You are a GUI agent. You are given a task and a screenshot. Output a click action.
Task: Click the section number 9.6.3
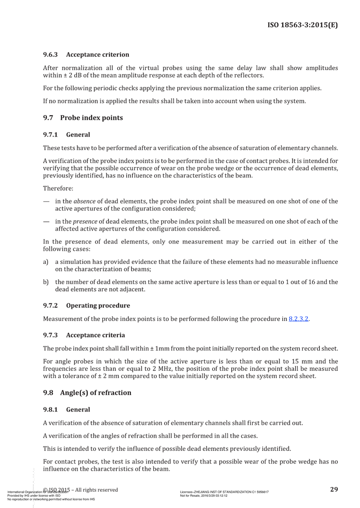[50, 54]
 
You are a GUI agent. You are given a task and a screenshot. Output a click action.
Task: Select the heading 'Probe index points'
[91, 118]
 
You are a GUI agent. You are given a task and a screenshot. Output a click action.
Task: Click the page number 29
[334, 489]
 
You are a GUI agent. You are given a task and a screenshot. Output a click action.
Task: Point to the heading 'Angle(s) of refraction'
[96, 392]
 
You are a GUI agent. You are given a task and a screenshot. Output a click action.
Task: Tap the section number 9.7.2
[50, 306]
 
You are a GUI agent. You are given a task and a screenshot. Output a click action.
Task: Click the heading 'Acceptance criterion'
[98, 54]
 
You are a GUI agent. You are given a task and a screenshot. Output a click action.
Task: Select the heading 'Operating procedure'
[98, 306]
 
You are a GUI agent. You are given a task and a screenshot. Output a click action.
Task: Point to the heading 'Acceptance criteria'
[96, 335]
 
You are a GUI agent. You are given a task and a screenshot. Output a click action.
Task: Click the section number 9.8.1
[50, 410]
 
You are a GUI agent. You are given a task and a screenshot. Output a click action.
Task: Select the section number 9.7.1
[50, 134]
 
